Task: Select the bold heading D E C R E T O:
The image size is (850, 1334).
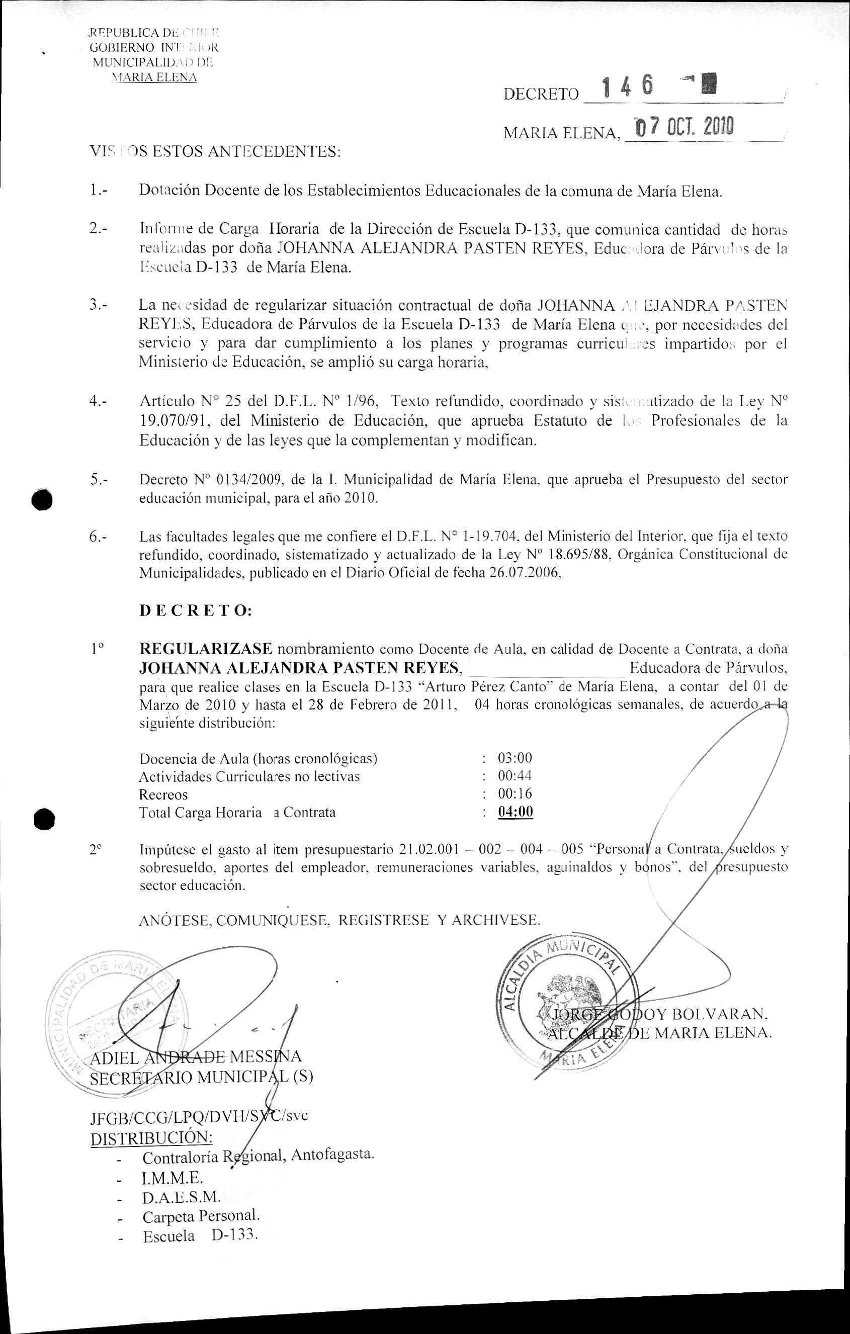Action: tap(196, 610)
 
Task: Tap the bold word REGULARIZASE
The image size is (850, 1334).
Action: tap(206, 648)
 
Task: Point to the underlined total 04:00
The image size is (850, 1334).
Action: tap(516, 812)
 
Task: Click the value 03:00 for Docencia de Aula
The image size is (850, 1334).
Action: tap(515, 758)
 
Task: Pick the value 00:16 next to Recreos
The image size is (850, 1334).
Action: tap(515, 794)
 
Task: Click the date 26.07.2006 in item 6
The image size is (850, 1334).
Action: tap(523, 573)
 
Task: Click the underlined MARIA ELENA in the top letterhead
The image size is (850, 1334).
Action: tap(154, 77)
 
